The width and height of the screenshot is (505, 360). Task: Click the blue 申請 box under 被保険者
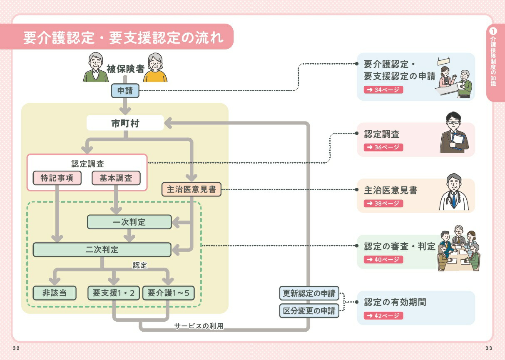point(125,91)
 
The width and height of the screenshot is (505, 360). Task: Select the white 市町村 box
point(125,123)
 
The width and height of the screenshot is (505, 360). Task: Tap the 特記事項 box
point(57,178)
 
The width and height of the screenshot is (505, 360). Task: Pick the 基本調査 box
point(116,178)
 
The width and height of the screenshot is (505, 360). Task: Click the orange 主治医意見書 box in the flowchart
point(192,190)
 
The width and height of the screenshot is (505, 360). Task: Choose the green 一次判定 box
point(129,222)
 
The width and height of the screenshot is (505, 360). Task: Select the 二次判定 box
point(102,250)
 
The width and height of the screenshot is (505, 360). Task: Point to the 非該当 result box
point(55,293)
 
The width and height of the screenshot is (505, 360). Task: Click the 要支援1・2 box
point(114,293)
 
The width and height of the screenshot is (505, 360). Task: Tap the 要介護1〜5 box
point(168,293)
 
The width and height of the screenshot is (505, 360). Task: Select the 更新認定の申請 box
point(309,293)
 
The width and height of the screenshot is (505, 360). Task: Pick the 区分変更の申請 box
point(309,310)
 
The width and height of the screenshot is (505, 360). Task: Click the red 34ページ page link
point(383,89)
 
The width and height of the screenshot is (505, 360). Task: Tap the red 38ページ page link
point(383,204)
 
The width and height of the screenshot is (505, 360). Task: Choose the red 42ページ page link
point(383,315)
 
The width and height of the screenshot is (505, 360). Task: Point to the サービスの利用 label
point(199,326)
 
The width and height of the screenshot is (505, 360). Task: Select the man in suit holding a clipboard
point(454,133)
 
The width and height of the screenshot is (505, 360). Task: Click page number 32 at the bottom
point(16,348)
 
